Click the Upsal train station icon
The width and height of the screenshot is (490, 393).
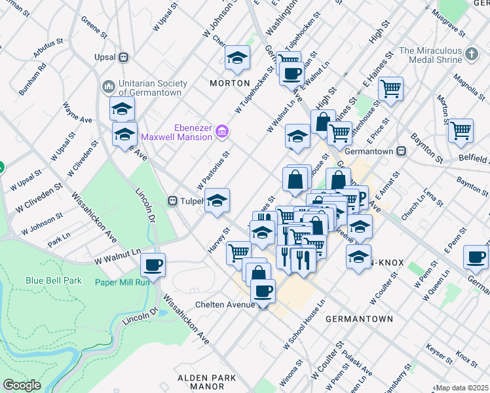[122, 57]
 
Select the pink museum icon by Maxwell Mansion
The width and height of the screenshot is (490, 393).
[222, 132]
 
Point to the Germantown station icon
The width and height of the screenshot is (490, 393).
[402, 151]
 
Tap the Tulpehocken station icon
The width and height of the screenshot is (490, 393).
[173, 201]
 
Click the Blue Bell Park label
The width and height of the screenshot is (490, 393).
[54, 280]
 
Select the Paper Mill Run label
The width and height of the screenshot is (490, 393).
[121, 282]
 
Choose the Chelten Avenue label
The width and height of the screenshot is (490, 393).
[225, 305]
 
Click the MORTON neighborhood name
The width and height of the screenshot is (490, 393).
[229, 83]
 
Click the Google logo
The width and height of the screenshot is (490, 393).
[22, 385]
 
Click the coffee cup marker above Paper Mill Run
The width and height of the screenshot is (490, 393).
[153, 265]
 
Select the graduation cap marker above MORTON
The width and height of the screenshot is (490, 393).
[237, 57]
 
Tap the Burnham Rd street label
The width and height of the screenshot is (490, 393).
[32, 79]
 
